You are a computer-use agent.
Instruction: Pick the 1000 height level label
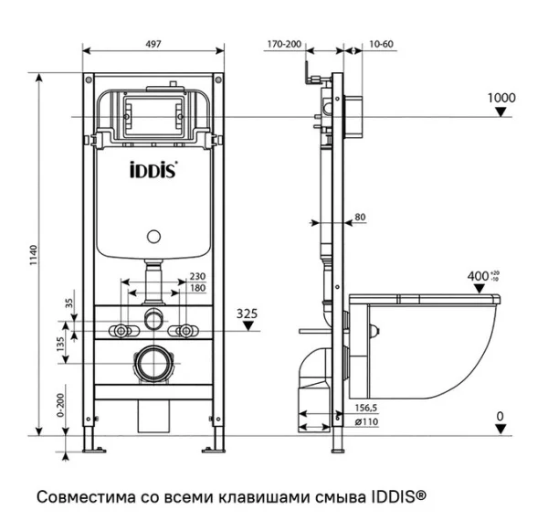pos(501,98)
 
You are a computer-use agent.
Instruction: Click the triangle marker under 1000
pos(501,112)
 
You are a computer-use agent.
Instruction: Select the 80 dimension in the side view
pos(359,217)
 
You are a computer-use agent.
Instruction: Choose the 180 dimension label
pos(197,288)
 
